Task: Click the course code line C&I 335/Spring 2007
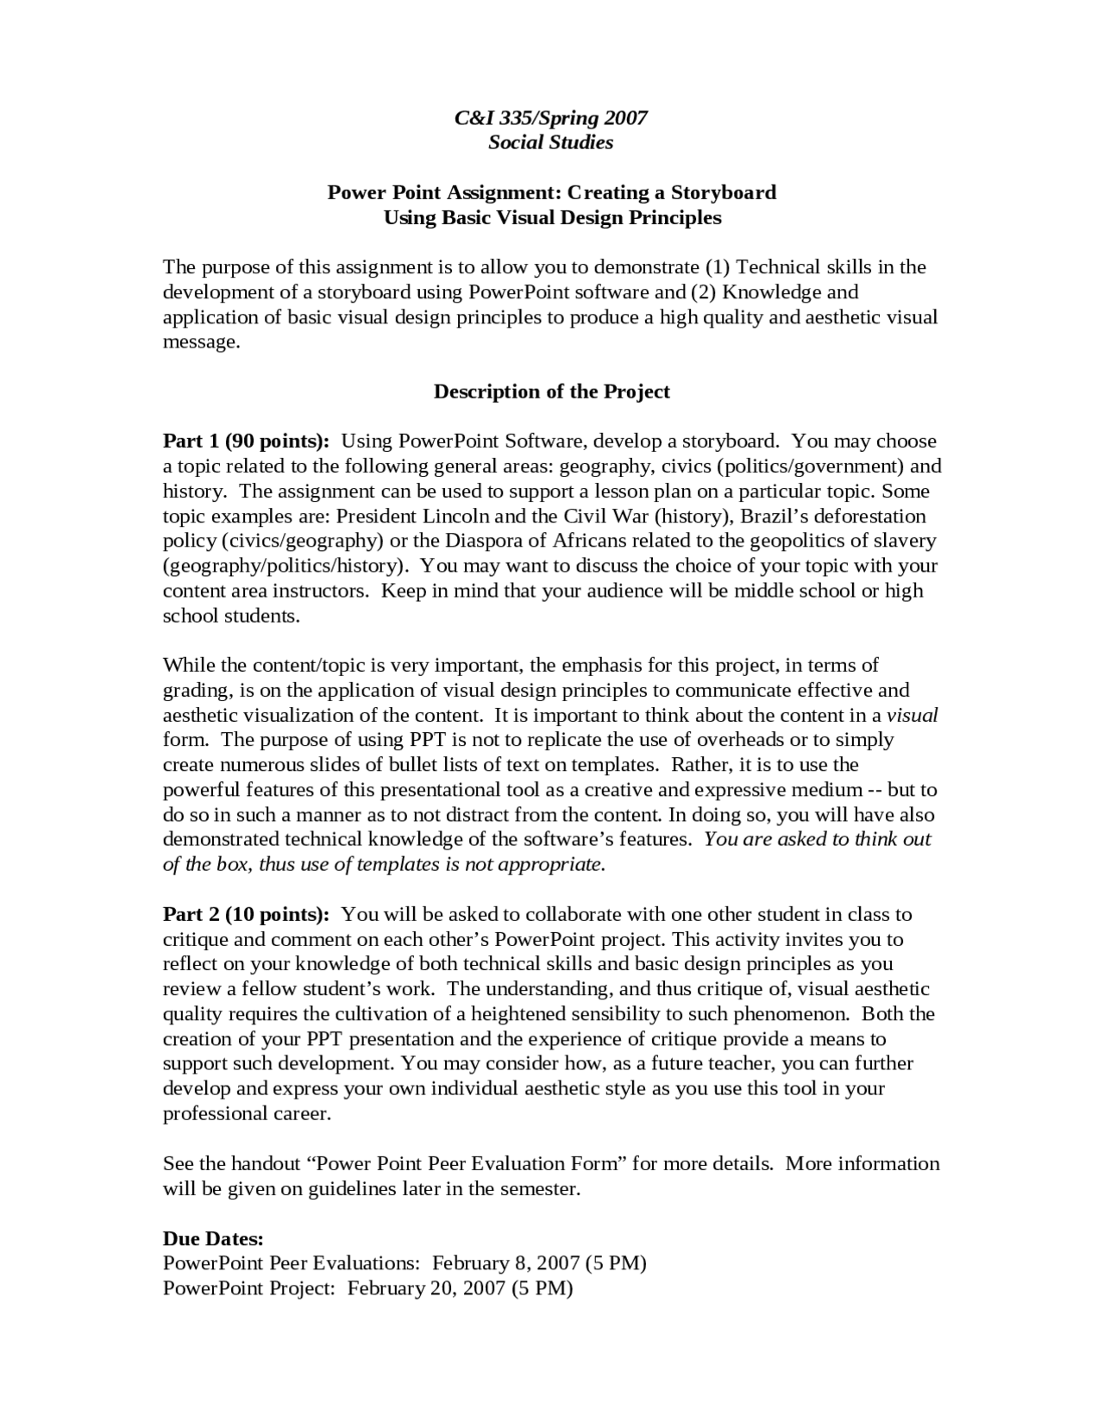click(x=550, y=117)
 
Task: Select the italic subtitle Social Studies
click(x=550, y=142)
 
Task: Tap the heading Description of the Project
click(x=551, y=391)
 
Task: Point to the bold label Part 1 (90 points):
click(x=247, y=442)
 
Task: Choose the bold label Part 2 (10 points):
click(x=247, y=914)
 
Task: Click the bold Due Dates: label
click(x=213, y=1238)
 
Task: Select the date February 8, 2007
click(x=505, y=1263)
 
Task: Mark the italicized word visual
click(x=912, y=715)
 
